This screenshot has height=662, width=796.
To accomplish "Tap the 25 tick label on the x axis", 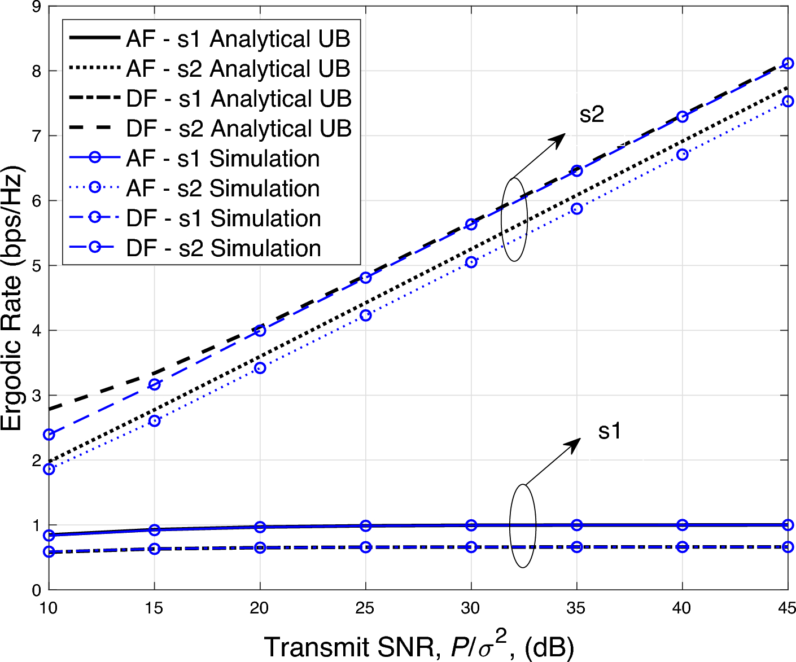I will tap(365, 608).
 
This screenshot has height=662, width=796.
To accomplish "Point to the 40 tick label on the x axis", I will tap(682, 608).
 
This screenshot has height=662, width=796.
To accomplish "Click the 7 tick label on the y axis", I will tap(37, 136).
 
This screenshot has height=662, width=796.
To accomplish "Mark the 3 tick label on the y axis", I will tap(37, 396).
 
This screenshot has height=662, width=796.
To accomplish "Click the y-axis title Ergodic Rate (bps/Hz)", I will tap(12, 299).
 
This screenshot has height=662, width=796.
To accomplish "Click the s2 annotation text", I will tap(592, 115).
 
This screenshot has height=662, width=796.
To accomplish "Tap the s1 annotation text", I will tap(610, 431).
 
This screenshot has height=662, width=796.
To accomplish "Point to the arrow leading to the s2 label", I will tap(539, 155).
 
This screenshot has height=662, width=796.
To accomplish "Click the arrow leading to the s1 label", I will tap(553, 461).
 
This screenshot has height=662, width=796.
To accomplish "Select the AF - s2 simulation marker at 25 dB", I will tap(366, 315).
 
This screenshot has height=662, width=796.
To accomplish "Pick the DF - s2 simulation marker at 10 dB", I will tap(49, 435).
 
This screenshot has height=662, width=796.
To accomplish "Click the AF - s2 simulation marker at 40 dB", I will tap(683, 155).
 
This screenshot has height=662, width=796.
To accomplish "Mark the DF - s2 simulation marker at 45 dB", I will tap(788, 63).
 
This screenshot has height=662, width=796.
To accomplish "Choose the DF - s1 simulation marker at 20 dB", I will tap(260, 547).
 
